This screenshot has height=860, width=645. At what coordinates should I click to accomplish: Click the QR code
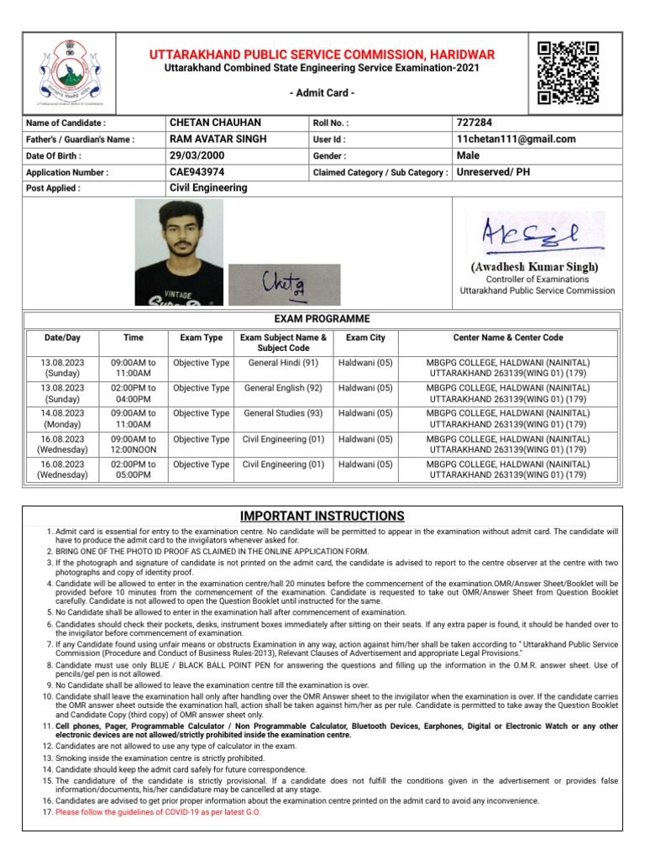pos(568,72)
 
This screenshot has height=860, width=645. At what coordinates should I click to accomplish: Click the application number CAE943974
pos(197,172)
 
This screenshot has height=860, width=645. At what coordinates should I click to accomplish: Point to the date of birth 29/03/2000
pos(201,155)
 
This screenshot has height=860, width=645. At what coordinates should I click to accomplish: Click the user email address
pos(516,139)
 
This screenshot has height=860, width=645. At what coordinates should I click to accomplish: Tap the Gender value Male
pos(468,155)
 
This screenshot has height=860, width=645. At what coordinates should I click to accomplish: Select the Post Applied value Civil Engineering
pos(208,188)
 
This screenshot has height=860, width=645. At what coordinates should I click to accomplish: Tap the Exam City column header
pos(365,338)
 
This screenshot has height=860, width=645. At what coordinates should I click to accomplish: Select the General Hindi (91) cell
pos(283,363)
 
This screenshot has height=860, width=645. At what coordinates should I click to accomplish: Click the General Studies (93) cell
pos(283,413)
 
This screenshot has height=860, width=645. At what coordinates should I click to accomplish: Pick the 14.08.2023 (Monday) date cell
pos(62,419)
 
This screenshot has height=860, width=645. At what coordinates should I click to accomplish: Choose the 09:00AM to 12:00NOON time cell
pos(134,444)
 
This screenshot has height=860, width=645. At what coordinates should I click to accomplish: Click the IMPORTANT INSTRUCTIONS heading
pos(322,516)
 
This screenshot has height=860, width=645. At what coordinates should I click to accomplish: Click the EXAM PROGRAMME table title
pos(322,319)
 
